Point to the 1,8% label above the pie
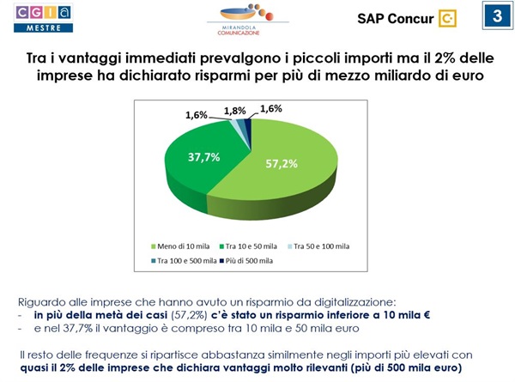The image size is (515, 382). pos(233,110)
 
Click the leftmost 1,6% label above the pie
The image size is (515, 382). pos(197,113)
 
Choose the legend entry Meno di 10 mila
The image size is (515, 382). pos(179,246)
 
